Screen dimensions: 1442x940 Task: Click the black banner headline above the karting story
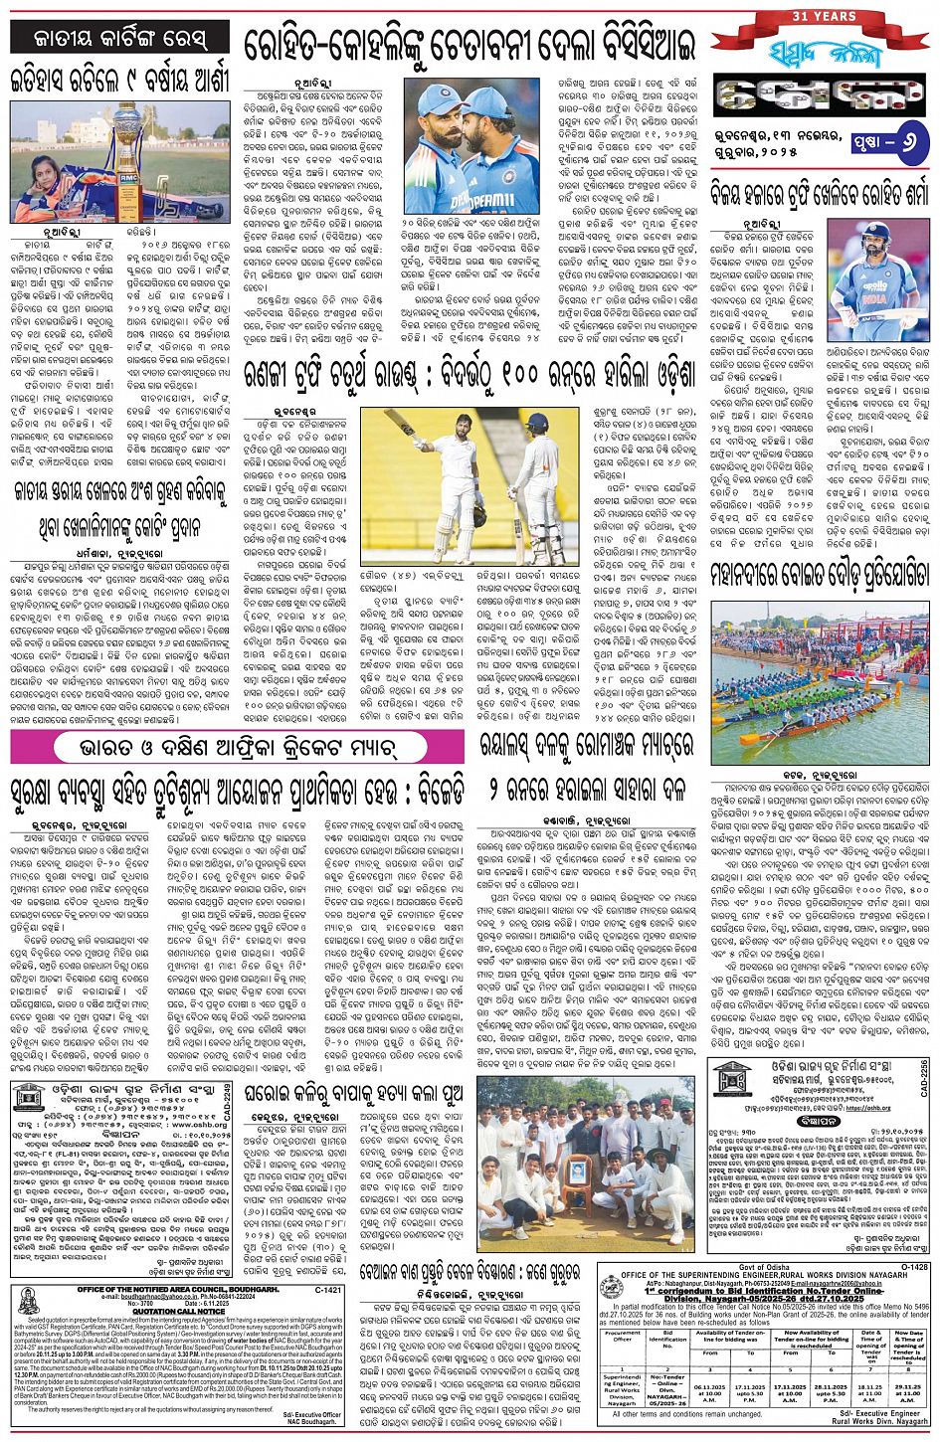coord(121,38)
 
